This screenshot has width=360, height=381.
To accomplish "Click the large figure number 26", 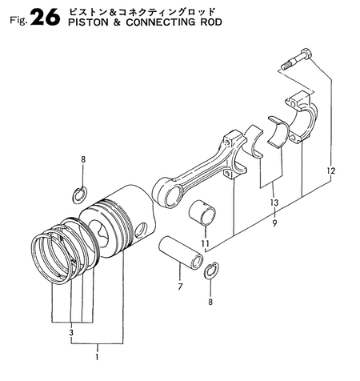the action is (x=45, y=18).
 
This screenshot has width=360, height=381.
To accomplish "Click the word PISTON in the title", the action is (x=88, y=22).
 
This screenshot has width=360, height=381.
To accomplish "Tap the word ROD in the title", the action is (x=210, y=22).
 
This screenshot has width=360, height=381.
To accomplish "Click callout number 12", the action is (x=330, y=170).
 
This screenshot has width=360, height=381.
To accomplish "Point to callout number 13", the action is (x=274, y=203).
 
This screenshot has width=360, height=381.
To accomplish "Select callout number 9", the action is (x=274, y=223).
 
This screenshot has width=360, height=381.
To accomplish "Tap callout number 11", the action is (x=206, y=243).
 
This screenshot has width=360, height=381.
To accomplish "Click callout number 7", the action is (x=180, y=287).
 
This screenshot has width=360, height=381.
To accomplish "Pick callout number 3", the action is (x=71, y=333).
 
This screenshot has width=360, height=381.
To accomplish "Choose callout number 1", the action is (x=97, y=357).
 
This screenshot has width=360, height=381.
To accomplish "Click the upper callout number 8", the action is (x=83, y=160).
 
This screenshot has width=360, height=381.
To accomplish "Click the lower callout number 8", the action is (x=210, y=302).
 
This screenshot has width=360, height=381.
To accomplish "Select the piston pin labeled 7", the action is (x=181, y=253).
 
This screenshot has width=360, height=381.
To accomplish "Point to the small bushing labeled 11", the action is (x=202, y=213).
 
